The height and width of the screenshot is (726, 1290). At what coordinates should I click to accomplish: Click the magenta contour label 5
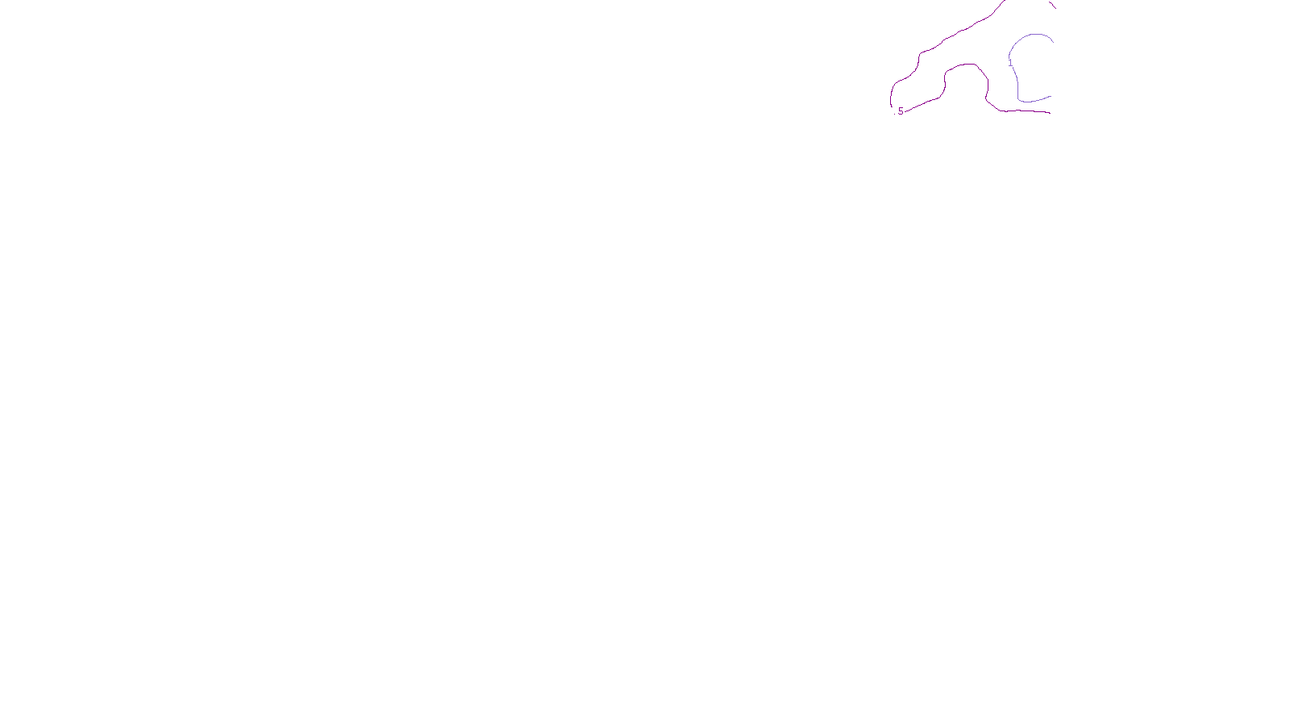901,111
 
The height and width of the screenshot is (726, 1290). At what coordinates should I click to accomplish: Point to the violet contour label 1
1010,63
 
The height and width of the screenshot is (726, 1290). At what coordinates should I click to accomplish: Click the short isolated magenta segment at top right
1052,4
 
